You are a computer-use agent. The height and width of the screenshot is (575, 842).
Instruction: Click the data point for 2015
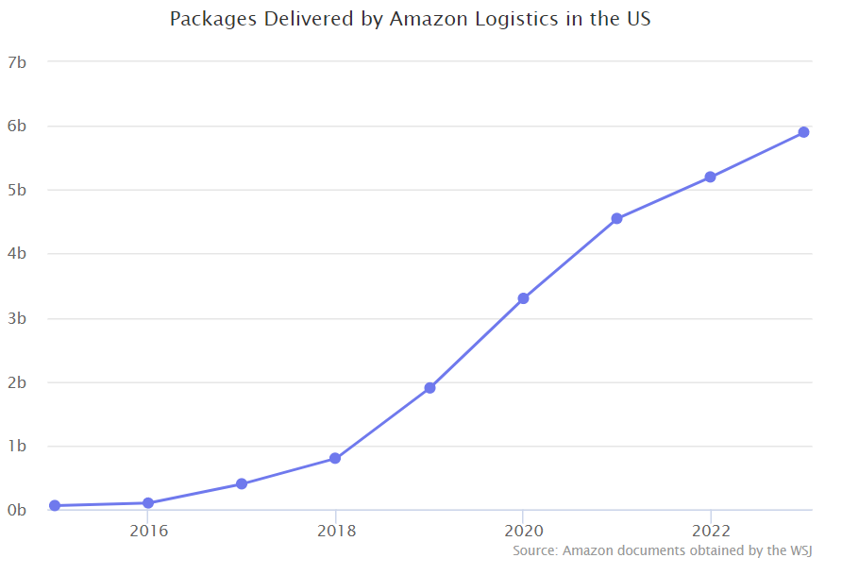(x=55, y=506)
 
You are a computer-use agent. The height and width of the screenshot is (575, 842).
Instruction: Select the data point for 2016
(x=148, y=503)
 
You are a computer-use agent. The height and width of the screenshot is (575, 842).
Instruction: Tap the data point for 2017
(x=242, y=484)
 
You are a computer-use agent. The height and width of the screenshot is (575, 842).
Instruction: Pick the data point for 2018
(x=335, y=459)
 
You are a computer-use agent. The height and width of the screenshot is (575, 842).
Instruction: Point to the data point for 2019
(x=429, y=388)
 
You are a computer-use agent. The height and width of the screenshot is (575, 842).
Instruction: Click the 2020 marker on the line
(x=523, y=298)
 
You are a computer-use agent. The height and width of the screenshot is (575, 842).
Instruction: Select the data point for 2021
(x=616, y=219)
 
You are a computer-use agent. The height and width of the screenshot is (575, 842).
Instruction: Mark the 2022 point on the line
(x=710, y=178)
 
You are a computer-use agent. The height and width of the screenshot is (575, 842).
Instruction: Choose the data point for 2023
(x=803, y=132)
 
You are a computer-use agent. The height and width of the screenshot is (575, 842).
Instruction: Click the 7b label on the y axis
(x=16, y=62)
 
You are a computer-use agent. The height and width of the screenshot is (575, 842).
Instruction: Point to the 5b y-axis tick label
(x=16, y=190)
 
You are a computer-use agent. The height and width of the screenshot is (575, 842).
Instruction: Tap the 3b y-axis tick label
(x=16, y=318)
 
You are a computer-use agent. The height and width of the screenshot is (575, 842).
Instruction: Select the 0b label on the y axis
(x=16, y=511)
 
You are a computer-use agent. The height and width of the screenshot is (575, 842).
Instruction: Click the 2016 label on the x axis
(x=148, y=531)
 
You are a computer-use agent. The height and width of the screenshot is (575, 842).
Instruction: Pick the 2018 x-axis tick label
(x=335, y=531)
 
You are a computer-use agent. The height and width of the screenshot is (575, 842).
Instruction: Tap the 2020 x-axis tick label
(x=523, y=531)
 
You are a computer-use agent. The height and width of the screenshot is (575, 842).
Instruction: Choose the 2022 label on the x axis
(x=710, y=531)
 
